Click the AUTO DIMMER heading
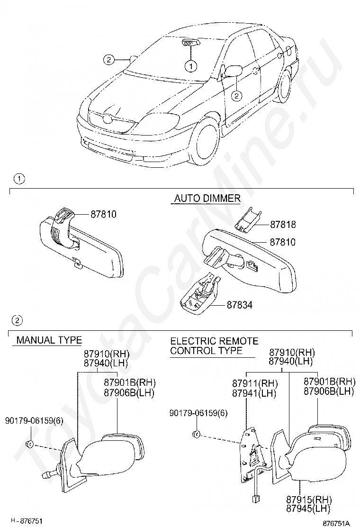coord(207,198)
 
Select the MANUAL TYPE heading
coord(49,340)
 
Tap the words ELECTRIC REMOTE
coord(214,341)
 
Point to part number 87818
coord(283,225)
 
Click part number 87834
coord(239,305)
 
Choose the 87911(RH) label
coord(255,383)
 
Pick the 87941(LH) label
coord(254,393)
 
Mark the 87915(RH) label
coord(309,499)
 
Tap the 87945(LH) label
coord(308,509)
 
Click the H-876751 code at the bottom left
coord(27,521)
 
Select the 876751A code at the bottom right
coord(336,523)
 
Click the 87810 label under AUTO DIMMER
coord(283,242)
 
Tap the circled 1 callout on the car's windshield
coord(191,66)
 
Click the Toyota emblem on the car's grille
coord(108,118)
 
